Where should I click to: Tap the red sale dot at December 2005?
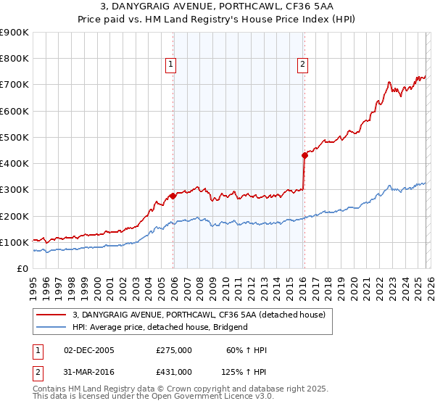173,196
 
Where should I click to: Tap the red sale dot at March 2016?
304,154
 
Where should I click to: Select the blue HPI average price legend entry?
159,327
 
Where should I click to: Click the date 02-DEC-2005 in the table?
89,350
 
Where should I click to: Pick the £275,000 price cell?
174,350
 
